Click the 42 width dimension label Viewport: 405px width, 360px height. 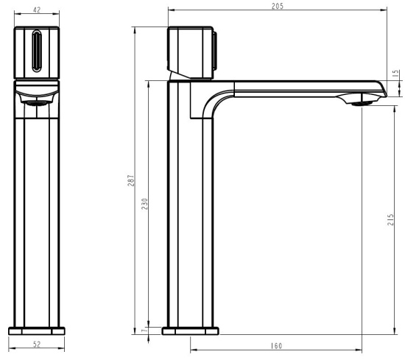(x=37, y=10)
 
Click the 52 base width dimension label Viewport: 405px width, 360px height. (x=37, y=345)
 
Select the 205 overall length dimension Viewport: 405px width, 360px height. (x=278, y=6)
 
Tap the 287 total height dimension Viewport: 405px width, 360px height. (x=130, y=180)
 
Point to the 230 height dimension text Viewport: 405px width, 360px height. (x=144, y=204)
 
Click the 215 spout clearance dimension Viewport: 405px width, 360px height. (x=391, y=219)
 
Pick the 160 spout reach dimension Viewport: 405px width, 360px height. (x=277, y=346)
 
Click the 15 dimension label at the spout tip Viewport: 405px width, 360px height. (x=395, y=74)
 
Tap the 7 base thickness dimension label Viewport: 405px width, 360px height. (x=144, y=331)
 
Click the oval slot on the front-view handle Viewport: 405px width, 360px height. (x=37, y=51)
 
